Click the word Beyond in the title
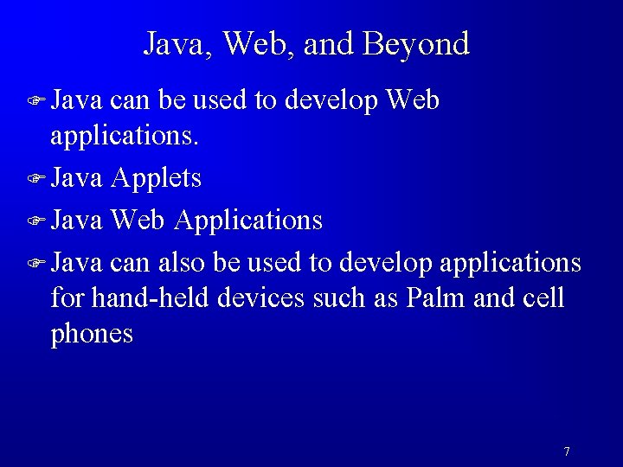point(416,44)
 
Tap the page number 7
point(566,451)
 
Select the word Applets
point(157,178)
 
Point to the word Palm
point(436,298)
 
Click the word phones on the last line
point(92,335)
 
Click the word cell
point(543,298)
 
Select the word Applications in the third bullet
point(247,221)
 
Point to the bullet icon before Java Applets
point(35,179)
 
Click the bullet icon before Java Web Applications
point(35,221)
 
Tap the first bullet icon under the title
point(35,102)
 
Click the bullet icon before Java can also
point(35,261)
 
